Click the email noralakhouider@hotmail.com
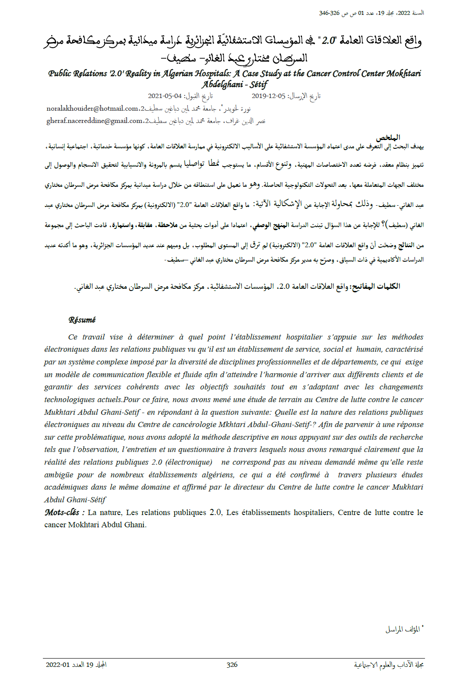pos(92,109)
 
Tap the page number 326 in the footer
pos(232,665)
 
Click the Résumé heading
pos(82,320)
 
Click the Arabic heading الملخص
pos(388,137)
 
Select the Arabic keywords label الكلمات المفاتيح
pos(376,287)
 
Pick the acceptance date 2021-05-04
pos(165,96)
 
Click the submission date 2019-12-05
pos(268,96)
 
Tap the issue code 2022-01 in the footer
pos(58,665)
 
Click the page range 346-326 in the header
pos(329,13)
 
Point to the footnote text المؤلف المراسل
pos(402,630)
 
